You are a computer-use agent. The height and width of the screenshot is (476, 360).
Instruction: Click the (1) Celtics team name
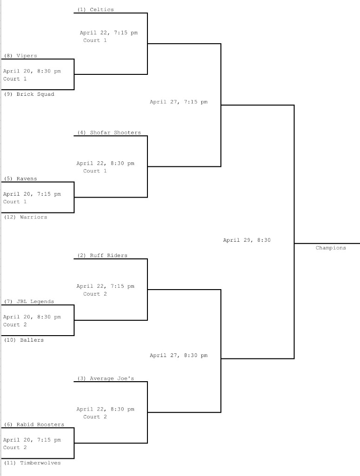click(95, 10)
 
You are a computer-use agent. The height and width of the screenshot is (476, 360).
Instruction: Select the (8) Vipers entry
click(20, 56)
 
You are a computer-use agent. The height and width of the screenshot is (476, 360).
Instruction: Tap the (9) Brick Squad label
click(29, 94)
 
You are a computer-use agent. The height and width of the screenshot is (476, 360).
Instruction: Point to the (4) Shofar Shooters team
click(109, 133)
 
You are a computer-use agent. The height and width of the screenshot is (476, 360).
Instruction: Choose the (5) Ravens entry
click(20, 179)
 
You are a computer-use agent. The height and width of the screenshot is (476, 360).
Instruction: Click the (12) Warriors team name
click(26, 217)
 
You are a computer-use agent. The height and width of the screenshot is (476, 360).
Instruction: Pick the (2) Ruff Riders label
click(102, 256)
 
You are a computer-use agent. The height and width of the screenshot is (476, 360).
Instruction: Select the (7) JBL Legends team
click(29, 302)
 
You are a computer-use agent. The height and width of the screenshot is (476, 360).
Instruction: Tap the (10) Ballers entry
click(24, 340)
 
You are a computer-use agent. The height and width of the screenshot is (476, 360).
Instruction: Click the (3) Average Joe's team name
click(106, 379)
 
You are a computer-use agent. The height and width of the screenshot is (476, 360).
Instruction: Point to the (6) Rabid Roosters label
click(34, 425)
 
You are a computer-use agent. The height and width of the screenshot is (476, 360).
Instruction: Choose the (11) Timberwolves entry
click(32, 463)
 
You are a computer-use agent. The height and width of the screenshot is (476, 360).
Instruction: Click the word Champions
click(331, 248)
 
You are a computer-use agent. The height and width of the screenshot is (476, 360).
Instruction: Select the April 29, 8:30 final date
click(247, 240)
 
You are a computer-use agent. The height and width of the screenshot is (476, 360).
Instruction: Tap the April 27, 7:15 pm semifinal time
click(179, 102)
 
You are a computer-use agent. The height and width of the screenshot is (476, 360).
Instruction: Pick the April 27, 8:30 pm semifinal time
click(179, 356)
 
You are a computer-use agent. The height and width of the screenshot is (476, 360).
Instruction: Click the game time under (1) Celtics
click(108, 33)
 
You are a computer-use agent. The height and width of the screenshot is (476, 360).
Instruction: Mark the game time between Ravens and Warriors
click(32, 194)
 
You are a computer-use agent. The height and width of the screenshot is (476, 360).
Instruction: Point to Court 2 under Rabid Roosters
click(15, 448)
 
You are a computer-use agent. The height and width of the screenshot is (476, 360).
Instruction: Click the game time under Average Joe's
click(105, 410)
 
